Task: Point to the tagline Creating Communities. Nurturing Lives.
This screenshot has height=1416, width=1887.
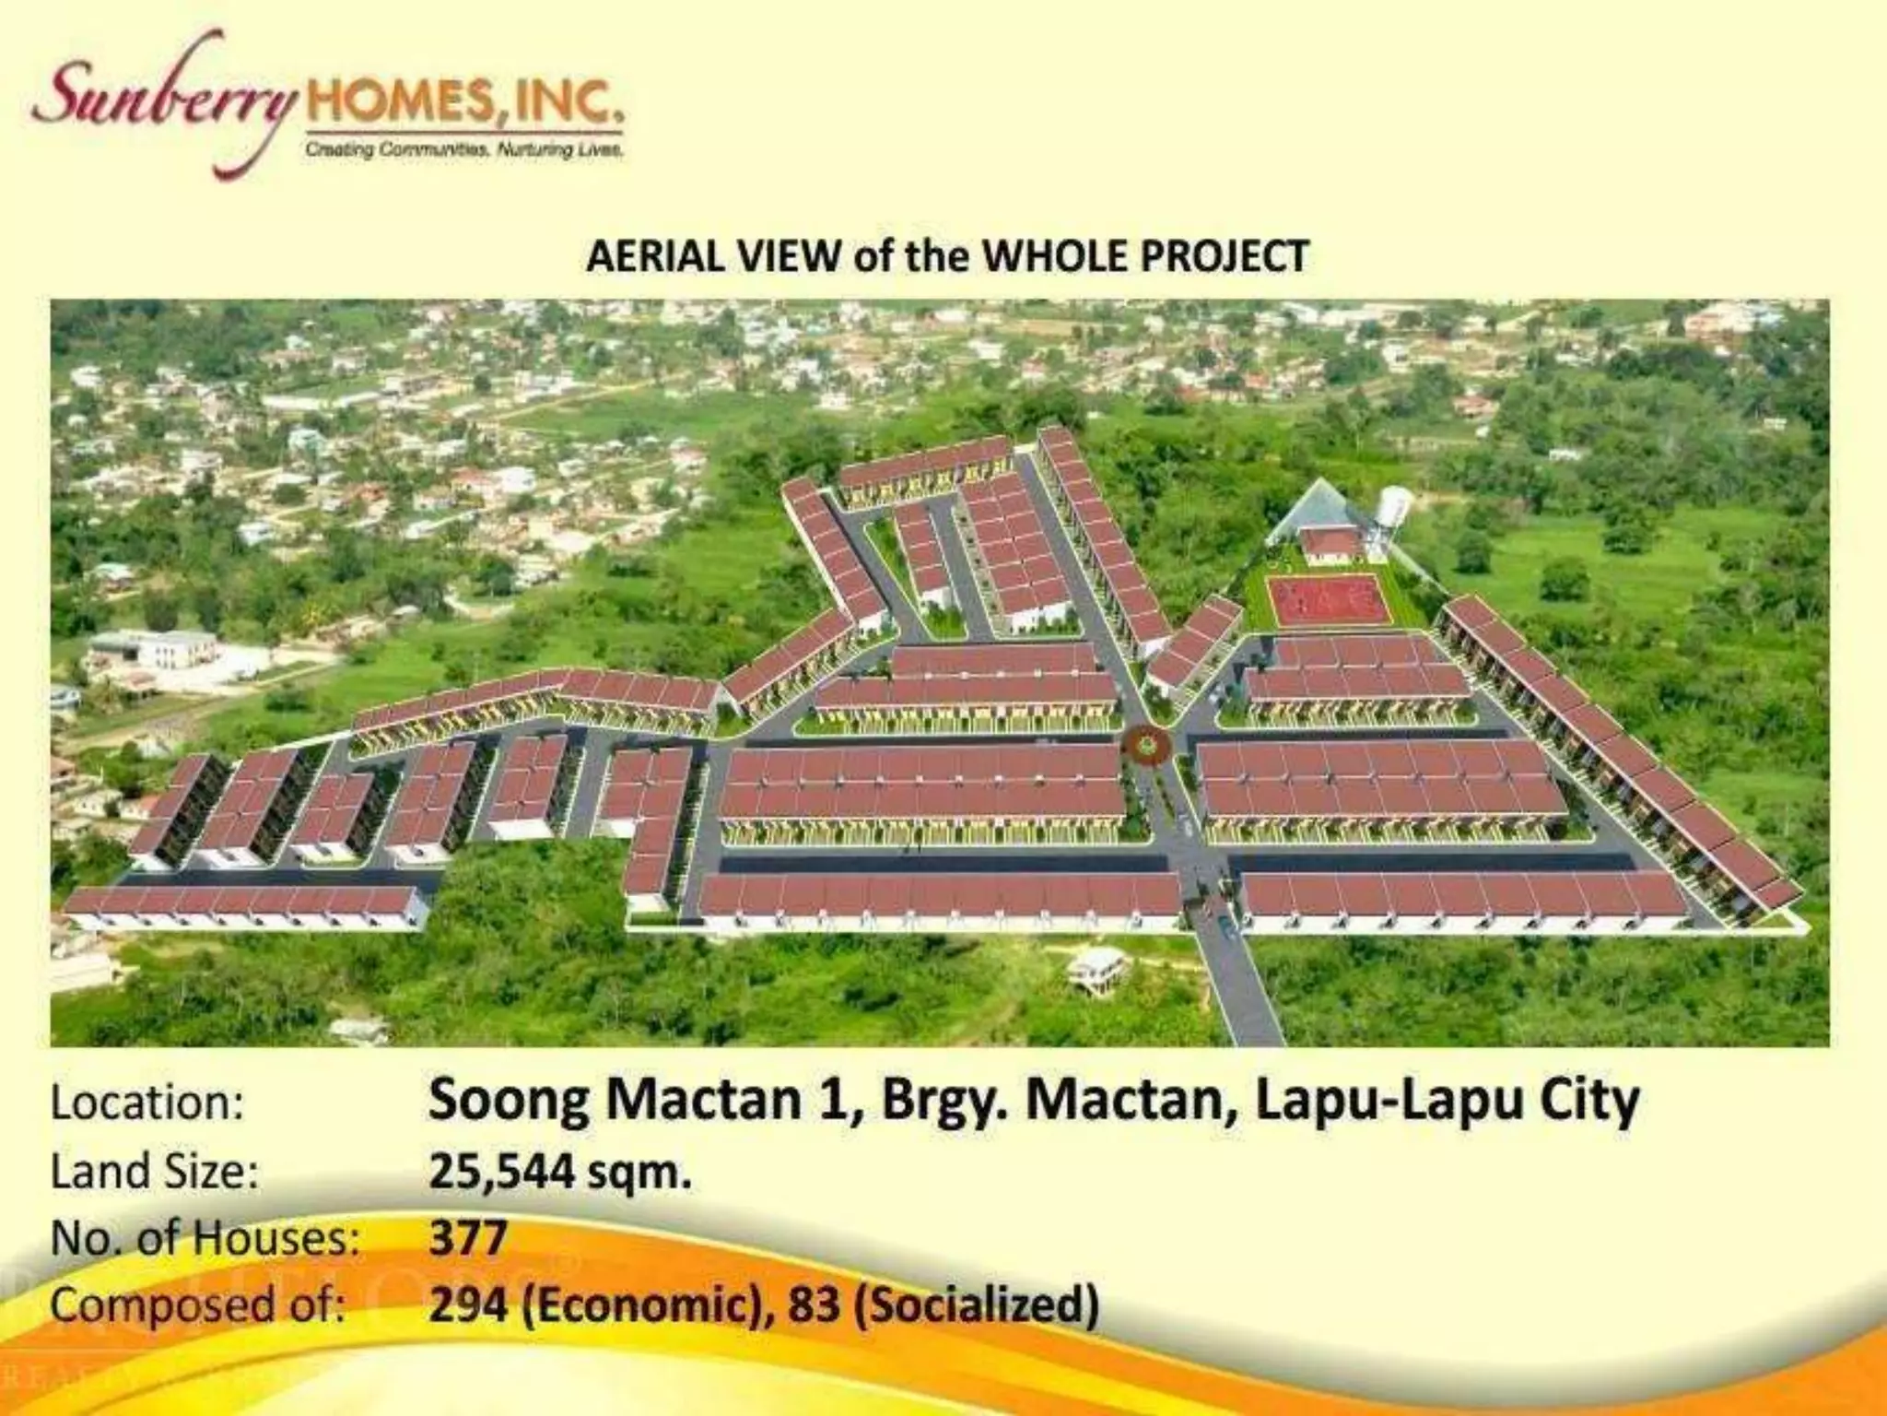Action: tap(464, 149)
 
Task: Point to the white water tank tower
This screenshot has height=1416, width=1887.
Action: tap(1393, 516)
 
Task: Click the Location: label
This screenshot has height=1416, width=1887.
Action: tap(147, 1103)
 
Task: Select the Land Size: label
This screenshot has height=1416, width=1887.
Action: tap(154, 1172)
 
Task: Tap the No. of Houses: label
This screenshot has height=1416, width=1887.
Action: tap(205, 1238)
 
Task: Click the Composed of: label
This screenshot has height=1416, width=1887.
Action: tap(198, 1305)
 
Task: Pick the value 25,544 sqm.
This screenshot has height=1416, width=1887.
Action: tap(559, 1172)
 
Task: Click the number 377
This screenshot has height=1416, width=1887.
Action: tap(468, 1238)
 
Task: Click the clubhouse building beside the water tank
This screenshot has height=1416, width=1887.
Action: tap(1330, 544)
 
